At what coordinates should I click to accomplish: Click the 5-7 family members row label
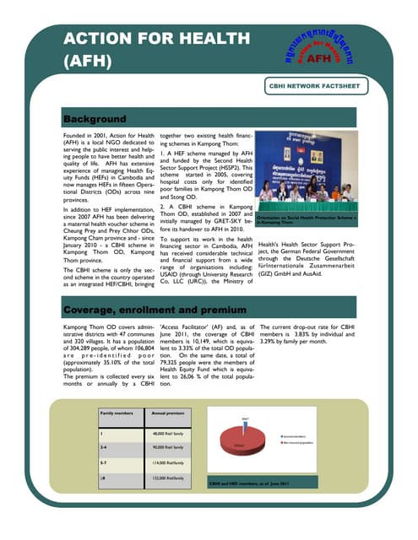click(x=104, y=462)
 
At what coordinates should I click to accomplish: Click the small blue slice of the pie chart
click(x=246, y=429)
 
